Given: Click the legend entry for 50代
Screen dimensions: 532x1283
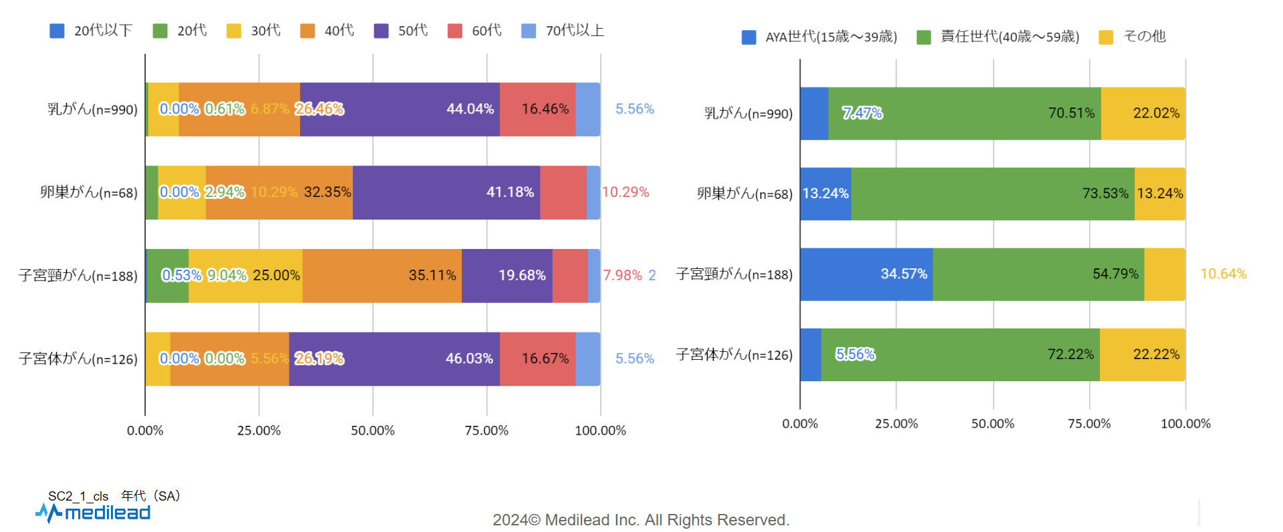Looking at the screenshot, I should pyautogui.click(x=401, y=31).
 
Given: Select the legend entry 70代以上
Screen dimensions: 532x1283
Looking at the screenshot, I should pyautogui.click(x=563, y=31).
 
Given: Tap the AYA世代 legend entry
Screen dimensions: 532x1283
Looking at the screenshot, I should pyautogui.click(x=820, y=37).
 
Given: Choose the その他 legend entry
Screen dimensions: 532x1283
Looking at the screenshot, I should pyautogui.click(x=1133, y=37).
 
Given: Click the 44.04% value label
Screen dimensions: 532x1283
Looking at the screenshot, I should pyautogui.click(x=470, y=109).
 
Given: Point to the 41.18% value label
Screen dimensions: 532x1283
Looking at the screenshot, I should pyautogui.click(x=510, y=192).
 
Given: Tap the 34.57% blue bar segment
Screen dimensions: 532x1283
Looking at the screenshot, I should pyautogui.click(x=866, y=274).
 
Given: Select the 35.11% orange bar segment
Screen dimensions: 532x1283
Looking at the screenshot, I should pyautogui.click(x=382, y=276).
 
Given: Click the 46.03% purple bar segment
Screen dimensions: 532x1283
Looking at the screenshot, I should pyautogui.click(x=394, y=359).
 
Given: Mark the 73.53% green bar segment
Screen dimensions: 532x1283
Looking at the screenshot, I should pyautogui.click(x=992, y=194).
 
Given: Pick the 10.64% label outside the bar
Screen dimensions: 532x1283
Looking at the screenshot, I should pyautogui.click(x=1223, y=274).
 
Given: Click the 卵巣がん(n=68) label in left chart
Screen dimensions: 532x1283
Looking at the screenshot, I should pyautogui.click(x=89, y=193).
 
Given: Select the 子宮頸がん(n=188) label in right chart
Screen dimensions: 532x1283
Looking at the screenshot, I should pyautogui.click(x=734, y=274).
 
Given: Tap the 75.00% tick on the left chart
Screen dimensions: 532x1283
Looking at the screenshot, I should pyautogui.click(x=486, y=431).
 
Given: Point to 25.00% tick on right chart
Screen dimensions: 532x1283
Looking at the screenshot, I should pyautogui.click(x=896, y=424).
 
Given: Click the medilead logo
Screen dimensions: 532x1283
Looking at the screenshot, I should pyautogui.click(x=94, y=513).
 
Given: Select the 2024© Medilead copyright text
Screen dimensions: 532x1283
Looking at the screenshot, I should pyautogui.click(x=641, y=520).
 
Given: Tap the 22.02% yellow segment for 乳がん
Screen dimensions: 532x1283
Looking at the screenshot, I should pyautogui.click(x=1143, y=113).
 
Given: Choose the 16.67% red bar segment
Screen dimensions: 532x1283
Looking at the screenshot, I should pyautogui.click(x=537, y=359).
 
